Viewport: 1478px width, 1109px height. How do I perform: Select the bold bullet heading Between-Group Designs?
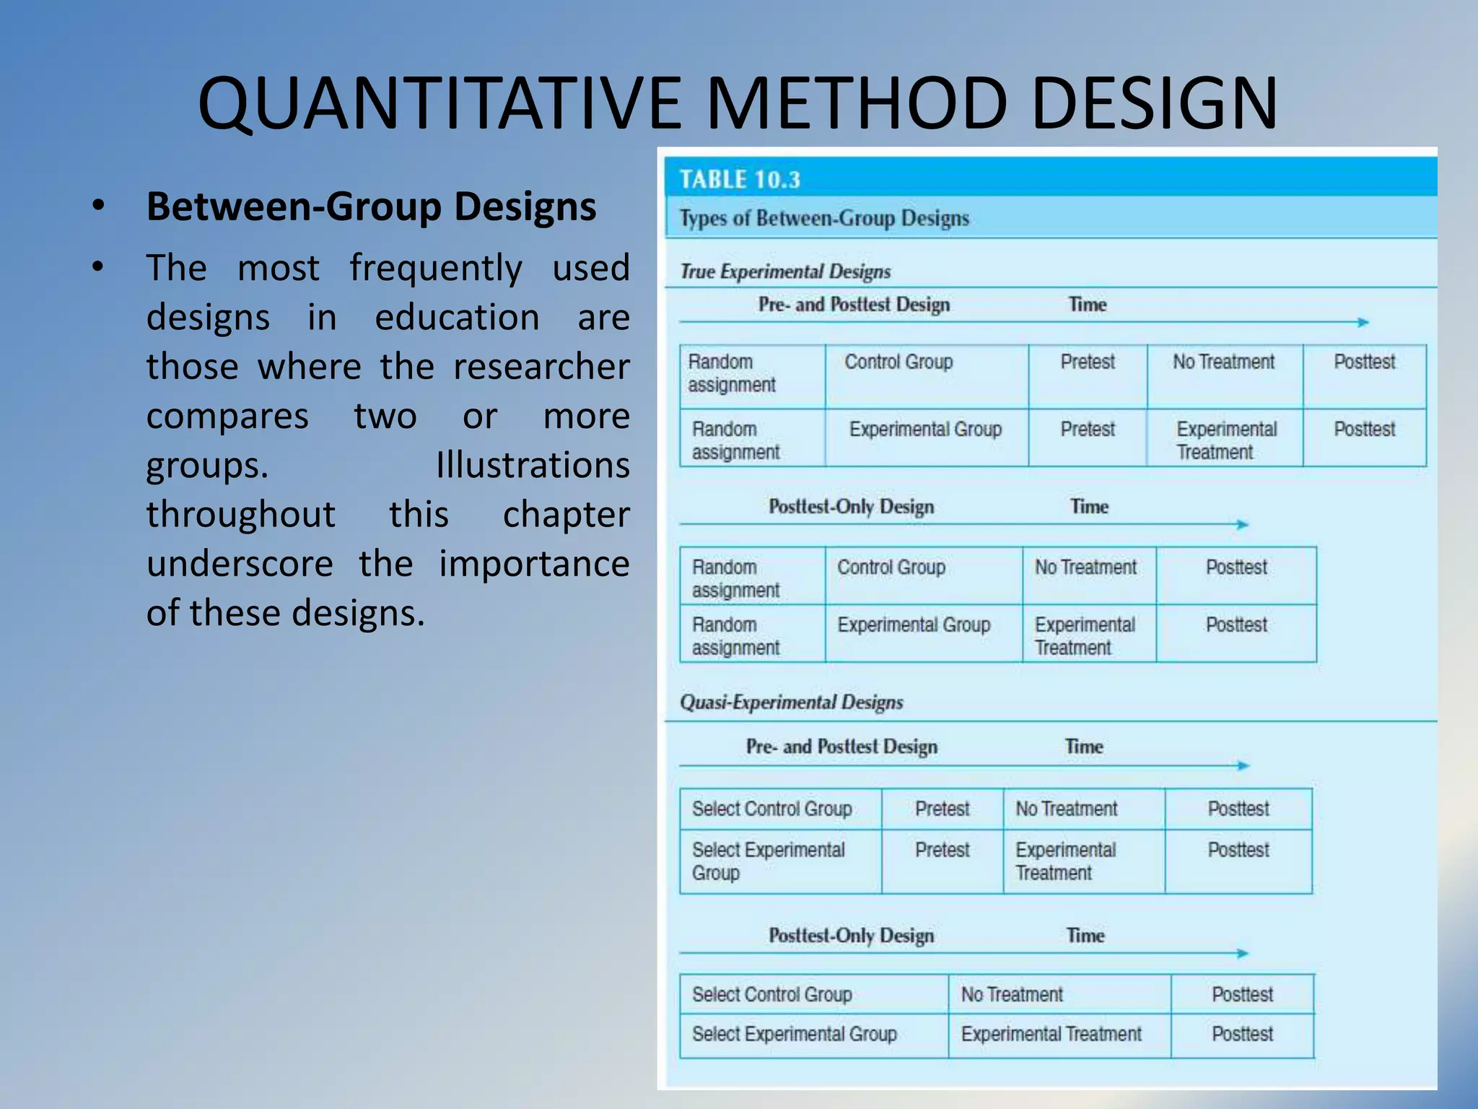coord(371,206)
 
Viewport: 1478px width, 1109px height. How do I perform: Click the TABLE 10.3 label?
coord(740,180)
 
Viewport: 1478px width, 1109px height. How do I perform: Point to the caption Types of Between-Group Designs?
coord(824,218)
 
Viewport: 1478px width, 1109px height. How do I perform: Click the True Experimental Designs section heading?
coord(785,271)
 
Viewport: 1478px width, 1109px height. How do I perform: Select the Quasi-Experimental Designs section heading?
coord(791,702)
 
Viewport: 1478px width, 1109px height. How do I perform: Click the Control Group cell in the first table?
coord(898,362)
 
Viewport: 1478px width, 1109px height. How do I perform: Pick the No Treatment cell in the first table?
coord(1223,362)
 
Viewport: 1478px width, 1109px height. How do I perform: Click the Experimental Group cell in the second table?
coord(914,625)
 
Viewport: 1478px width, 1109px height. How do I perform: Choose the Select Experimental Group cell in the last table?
coord(794,1034)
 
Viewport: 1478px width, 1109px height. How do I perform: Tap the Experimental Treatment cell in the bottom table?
coord(1051,1034)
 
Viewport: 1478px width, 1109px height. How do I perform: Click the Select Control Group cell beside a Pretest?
coord(771,809)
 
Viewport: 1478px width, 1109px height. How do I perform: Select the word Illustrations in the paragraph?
coord(533,465)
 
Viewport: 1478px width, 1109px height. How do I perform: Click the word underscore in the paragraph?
coord(240,564)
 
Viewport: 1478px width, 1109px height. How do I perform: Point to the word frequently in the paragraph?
coord(436,269)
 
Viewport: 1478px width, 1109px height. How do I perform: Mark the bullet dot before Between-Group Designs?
coord(98,206)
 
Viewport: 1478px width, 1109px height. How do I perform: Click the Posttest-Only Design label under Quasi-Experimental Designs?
coord(851,936)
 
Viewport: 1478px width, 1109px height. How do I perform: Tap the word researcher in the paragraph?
coord(541,367)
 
